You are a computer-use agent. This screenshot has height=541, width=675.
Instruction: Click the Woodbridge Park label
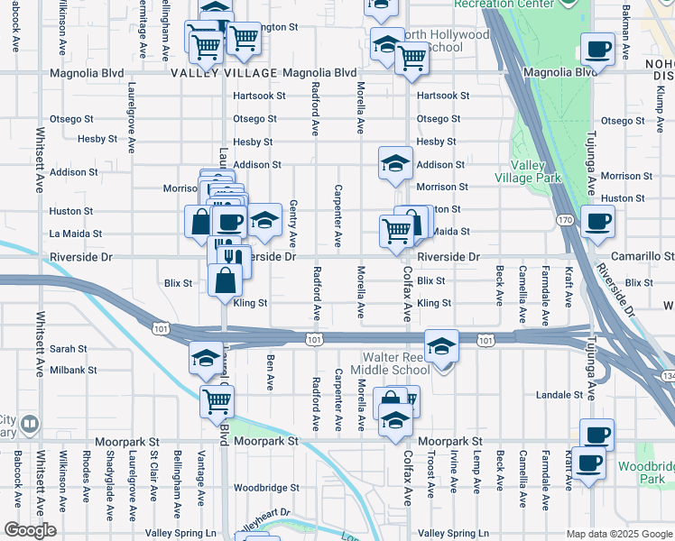646,473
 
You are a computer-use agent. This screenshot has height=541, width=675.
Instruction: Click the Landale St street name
559,395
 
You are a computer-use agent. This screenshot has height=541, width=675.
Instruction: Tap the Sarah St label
68,348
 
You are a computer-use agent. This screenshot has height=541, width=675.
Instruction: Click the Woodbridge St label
266,488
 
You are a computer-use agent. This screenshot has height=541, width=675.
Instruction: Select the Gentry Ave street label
293,224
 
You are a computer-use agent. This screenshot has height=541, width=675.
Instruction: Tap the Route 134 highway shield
667,375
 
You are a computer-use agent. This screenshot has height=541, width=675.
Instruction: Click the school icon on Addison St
394,163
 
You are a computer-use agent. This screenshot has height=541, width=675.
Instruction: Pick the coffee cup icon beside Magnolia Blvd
596,49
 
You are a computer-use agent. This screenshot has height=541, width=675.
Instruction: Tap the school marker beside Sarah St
206,358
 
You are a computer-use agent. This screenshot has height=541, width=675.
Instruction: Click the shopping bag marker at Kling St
225,279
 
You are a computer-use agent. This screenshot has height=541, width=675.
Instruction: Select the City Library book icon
29,423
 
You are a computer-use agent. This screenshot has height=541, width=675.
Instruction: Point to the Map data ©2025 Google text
618,534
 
